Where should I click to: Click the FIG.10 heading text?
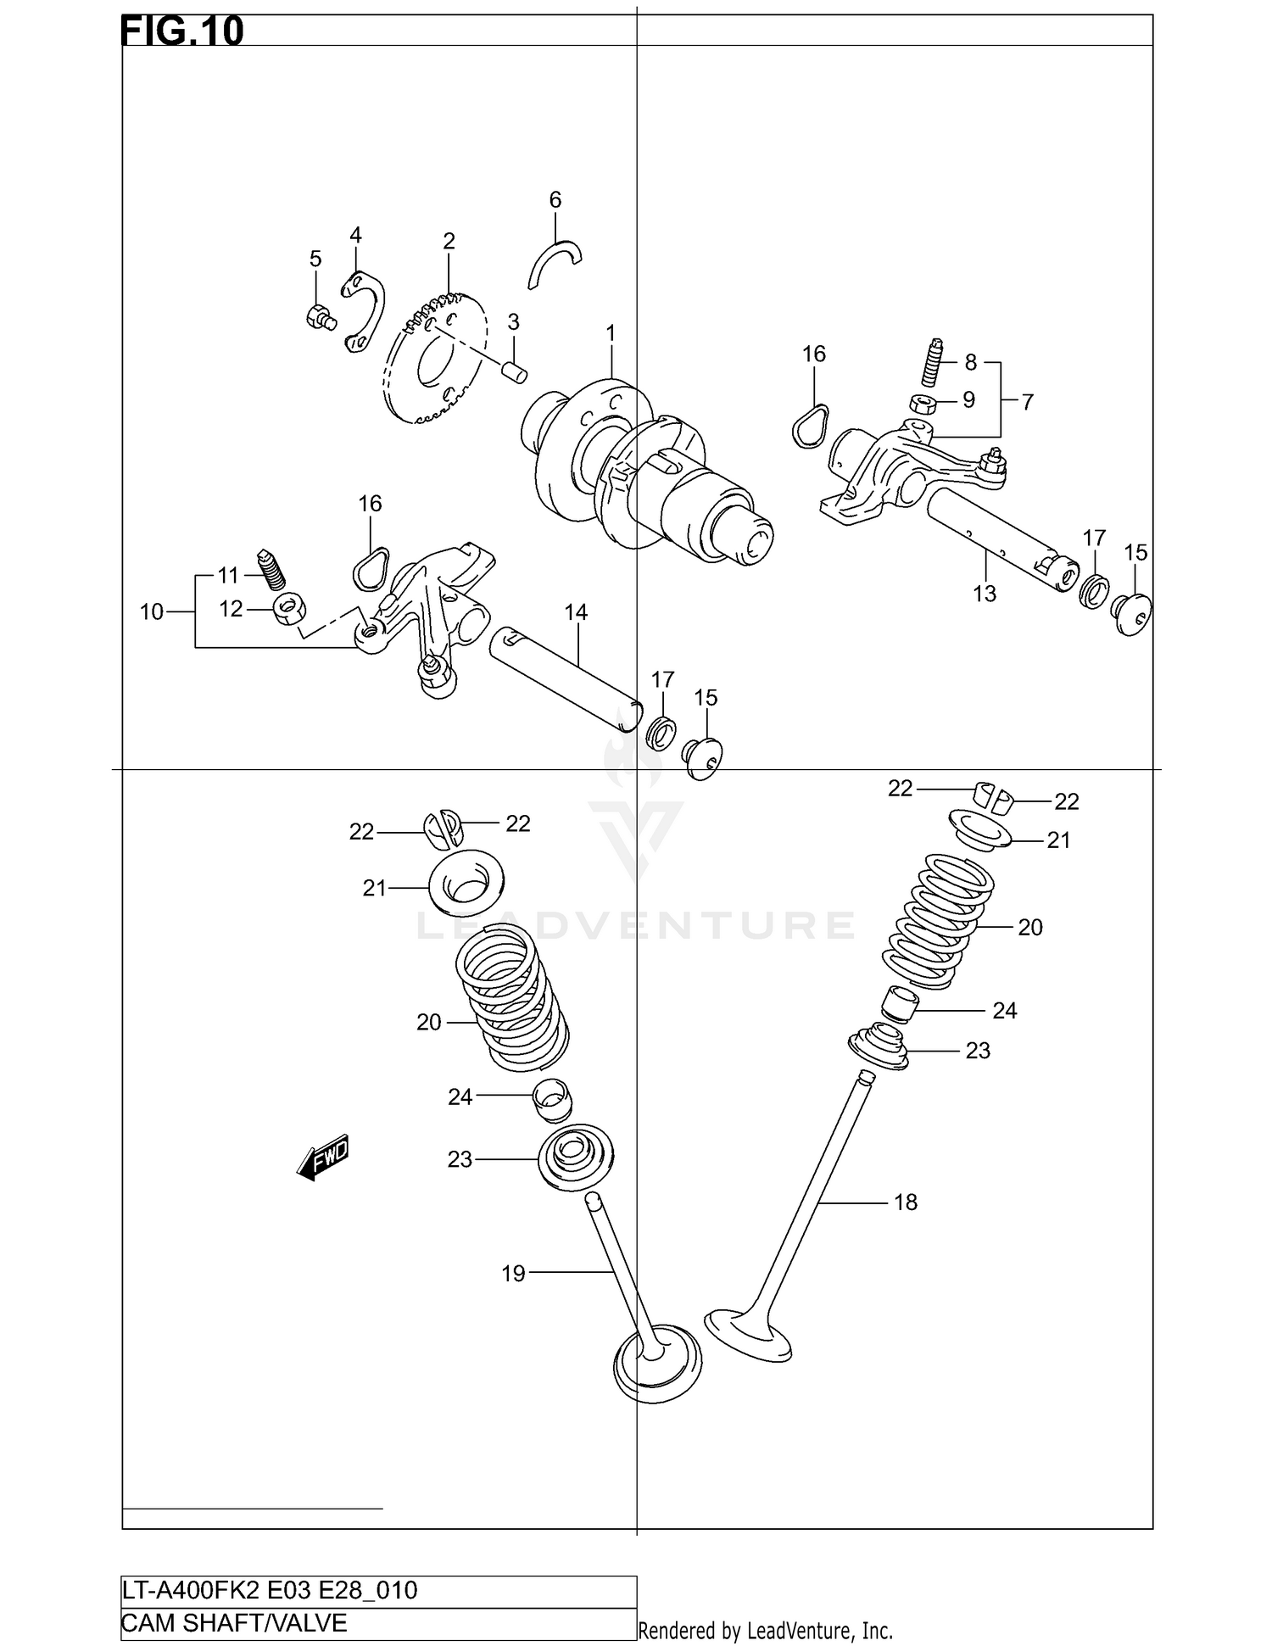[182, 31]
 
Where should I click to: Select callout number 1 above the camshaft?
[610, 332]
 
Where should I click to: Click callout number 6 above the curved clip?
[555, 200]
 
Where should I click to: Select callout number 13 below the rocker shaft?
[985, 594]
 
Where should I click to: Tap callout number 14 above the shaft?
[576, 612]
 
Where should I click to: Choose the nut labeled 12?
[289, 607]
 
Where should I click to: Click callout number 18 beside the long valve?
[906, 1202]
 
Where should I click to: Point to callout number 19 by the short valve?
[513, 1273]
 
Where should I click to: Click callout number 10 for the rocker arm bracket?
[152, 611]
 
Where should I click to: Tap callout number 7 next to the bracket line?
[1027, 401]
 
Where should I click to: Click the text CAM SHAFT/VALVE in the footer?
[234, 1622]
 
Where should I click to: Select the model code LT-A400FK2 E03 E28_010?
[270, 1590]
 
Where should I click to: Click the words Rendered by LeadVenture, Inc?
[765, 1630]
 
